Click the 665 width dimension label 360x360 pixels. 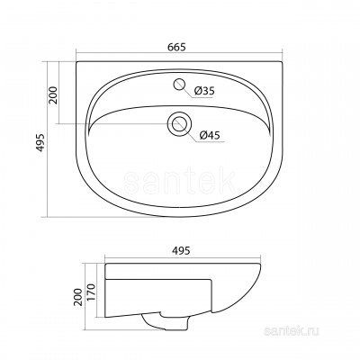[x=176, y=47]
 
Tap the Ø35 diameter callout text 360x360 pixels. [x=204, y=91]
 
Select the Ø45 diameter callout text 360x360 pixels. [x=210, y=135]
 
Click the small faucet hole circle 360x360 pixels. [x=179, y=84]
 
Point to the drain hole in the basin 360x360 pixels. [x=179, y=123]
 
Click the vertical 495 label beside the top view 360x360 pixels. [x=40, y=142]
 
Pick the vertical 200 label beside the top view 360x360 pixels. [x=53, y=95]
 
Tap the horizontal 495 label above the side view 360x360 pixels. [x=181, y=250]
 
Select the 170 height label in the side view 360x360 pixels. [x=91, y=292]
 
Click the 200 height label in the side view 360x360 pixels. [x=77, y=297]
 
